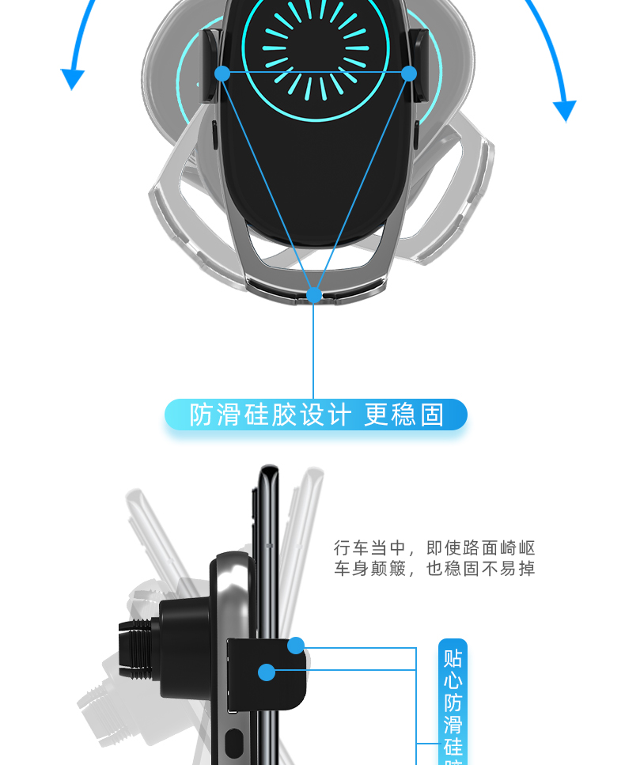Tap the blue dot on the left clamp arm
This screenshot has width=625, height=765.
(222, 73)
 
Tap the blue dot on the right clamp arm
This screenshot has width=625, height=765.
(409, 74)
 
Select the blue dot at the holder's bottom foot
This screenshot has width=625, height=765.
(314, 296)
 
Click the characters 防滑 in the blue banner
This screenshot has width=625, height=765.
(214, 415)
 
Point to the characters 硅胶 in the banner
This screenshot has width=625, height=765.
(270, 415)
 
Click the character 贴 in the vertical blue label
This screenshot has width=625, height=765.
(453, 658)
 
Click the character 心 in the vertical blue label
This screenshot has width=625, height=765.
(453, 680)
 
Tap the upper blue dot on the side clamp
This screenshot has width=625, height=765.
(296, 646)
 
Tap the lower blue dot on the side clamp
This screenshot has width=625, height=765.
(267, 672)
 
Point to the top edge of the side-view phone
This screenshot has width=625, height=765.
(269, 469)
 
